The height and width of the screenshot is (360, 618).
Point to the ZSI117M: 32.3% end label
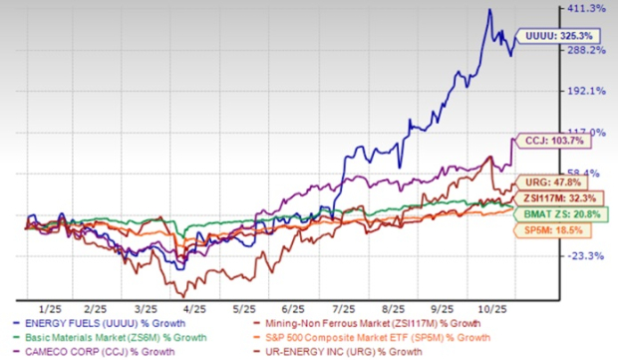pos(555,198)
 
